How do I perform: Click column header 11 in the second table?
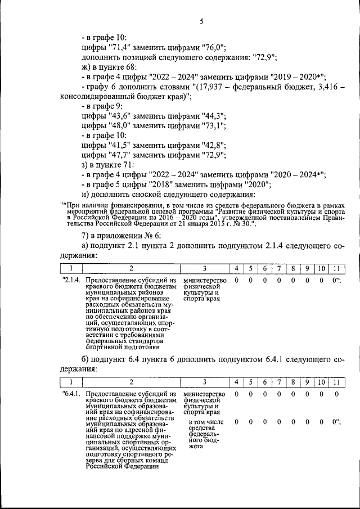pos(336,382)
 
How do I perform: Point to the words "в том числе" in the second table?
pos(206,422)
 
